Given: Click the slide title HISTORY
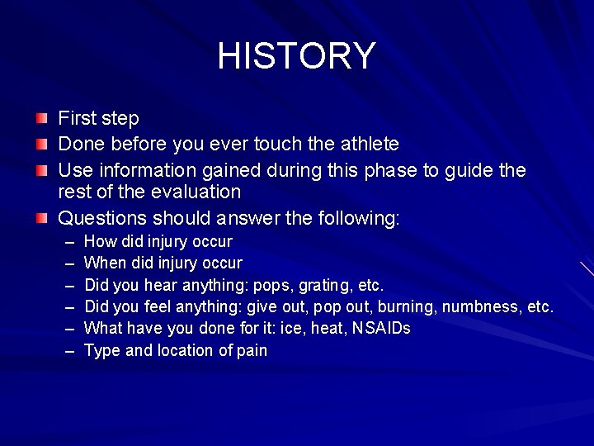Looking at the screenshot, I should [296, 56].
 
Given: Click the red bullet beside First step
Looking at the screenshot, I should [41, 119].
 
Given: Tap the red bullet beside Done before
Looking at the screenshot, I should [41, 145].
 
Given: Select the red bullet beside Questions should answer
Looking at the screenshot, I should [41, 219].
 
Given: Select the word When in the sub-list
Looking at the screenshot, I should [104, 263].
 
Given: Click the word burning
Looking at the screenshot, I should [408, 307].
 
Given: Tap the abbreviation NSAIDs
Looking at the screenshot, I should [381, 329].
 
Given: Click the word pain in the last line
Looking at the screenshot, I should [252, 351].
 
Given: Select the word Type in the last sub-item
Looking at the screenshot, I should [102, 351].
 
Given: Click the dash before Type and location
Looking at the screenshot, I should [67, 351].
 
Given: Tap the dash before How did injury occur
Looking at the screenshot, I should [67, 242].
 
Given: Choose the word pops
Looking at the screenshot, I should [271, 286].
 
